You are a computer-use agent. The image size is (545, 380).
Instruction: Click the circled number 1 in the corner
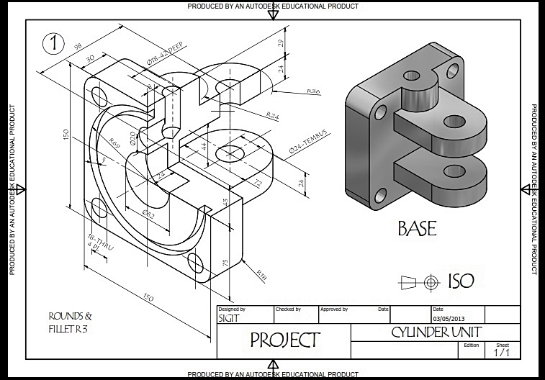(x=53, y=42)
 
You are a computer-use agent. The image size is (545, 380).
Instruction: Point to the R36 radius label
(x=313, y=92)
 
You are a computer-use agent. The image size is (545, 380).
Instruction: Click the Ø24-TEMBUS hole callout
(x=307, y=141)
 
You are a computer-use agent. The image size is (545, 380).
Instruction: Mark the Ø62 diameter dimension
(x=148, y=214)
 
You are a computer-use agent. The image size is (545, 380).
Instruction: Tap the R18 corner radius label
(x=262, y=272)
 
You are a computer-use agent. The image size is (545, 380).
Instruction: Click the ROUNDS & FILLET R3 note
(x=70, y=322)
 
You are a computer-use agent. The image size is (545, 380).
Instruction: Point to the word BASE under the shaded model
(x=417, y=229)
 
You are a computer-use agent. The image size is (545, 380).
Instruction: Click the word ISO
(x=461, y=281)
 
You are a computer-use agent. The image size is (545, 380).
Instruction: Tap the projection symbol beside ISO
(x=421, y=282)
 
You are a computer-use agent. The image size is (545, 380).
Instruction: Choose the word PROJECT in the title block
(x=284, y=340)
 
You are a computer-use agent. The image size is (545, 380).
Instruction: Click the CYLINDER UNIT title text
(x=436, y=332)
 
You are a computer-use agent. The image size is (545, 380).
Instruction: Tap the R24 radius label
(x=273, y=115)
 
